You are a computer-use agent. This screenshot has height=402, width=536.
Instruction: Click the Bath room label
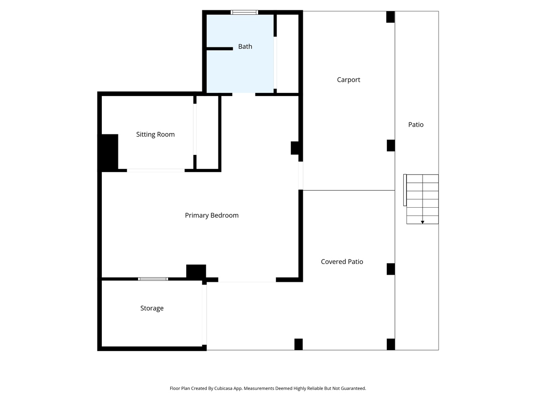tap(245, 46)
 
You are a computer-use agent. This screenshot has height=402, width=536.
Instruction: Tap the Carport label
tap(348, 80)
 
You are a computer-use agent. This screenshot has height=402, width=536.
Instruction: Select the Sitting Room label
tap(155, 134)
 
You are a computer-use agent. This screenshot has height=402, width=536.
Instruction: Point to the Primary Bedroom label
tap(212, 215)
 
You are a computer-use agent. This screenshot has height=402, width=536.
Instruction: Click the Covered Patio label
tap(342, 262)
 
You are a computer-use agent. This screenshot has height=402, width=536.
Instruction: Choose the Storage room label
tap(152, 308)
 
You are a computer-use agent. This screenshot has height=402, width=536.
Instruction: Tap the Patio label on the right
tap(415, 125)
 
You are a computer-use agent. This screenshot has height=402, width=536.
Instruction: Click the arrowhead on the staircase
tap(423, 222)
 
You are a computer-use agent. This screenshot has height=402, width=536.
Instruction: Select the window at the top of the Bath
tap(244, 13)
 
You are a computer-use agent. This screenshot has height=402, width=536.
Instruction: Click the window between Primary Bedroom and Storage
tap(153, 279)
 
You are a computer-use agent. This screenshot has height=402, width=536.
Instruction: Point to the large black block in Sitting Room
tap(108, 152)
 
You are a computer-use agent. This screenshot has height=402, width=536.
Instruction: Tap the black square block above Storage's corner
tap(196, 272)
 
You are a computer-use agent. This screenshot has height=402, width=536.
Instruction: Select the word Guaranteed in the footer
tap(352, 389)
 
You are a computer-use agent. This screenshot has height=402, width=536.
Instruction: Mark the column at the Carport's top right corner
tap(390, 17)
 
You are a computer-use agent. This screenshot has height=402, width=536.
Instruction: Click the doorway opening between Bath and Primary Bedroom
tap(243, 94)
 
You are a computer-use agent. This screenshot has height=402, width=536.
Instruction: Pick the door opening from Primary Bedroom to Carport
tap(301, 176)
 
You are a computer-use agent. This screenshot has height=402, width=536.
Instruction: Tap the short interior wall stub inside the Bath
tap(219, 48)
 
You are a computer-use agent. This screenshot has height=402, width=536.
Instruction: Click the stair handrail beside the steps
tap(405, 190)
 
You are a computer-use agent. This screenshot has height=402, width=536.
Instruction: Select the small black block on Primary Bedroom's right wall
tap(295, 148)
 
